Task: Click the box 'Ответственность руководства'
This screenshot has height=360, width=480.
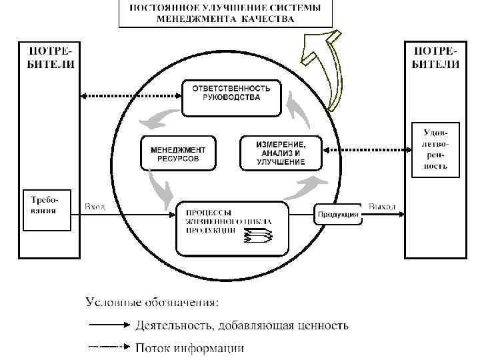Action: tap(231, 94)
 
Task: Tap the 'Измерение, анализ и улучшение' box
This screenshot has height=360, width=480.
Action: tap(280, 153)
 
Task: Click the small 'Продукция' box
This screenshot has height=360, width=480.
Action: tap(338, 214)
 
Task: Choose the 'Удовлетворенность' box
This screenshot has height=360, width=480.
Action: tap(434, 149)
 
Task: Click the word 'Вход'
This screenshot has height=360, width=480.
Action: tap(95, 207)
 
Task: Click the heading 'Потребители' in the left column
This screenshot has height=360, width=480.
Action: tap(46, 57)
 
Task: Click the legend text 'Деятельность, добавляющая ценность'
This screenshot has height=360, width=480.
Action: tap(241, 326)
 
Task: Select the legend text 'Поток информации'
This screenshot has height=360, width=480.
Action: tap(189, 347)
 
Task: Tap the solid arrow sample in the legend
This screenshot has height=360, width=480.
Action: tap(107, 326)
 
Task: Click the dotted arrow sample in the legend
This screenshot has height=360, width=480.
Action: tap(107, 347)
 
